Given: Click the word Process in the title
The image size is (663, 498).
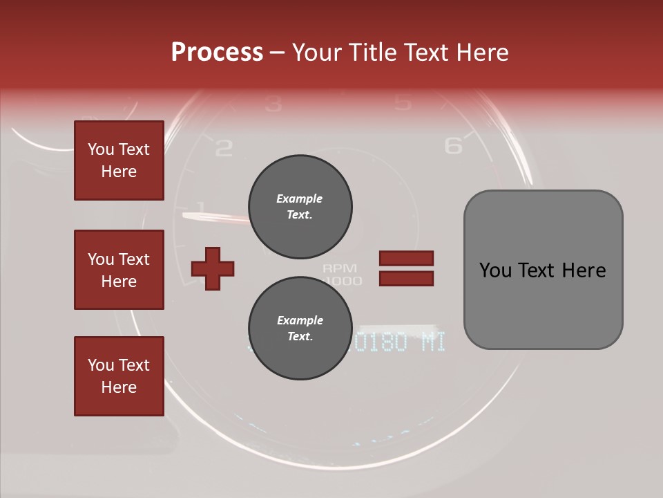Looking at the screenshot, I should point(217,53).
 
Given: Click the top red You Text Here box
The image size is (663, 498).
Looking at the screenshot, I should point(119,160).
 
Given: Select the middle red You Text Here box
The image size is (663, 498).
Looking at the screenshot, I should point(119,270).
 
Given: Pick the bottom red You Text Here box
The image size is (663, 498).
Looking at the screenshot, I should point(119,376).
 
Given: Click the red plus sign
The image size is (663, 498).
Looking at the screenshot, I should point(213,268).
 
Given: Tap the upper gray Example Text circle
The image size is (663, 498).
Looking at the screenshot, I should point(300,206).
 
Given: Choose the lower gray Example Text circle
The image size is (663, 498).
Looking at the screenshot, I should point(300,328).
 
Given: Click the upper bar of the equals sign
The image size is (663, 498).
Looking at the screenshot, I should point(406,258).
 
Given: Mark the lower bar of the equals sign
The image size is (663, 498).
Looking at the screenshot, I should point(406,279).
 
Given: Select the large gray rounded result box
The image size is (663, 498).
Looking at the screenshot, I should point(543,270).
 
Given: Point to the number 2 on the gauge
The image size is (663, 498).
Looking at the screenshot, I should point(224,148).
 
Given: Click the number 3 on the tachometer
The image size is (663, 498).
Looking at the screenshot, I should point(273,104).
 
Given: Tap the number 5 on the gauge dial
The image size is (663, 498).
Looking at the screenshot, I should point(402,103).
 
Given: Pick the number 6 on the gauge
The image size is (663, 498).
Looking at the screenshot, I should point(453,146).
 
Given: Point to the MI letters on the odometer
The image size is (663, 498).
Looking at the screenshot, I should point(433,342).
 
